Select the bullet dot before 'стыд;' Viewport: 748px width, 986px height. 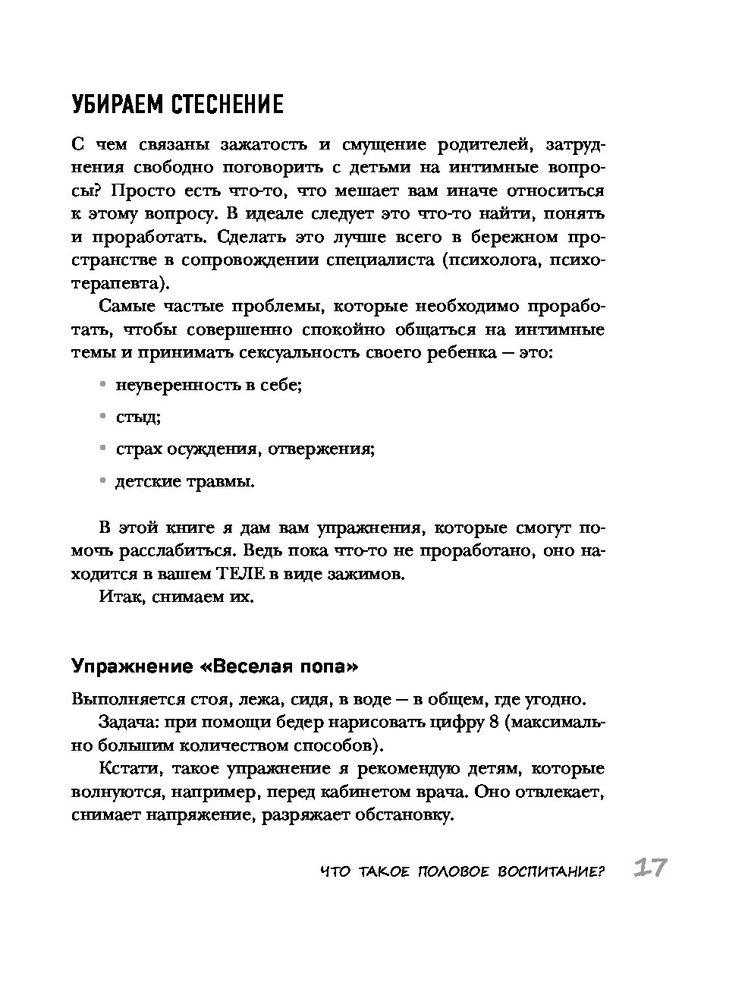click(102, 417)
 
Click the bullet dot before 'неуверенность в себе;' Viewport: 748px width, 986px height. click(102, 385)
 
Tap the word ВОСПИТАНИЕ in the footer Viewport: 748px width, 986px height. click(549, 871)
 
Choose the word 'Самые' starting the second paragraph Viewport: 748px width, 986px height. click(126, 307)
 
